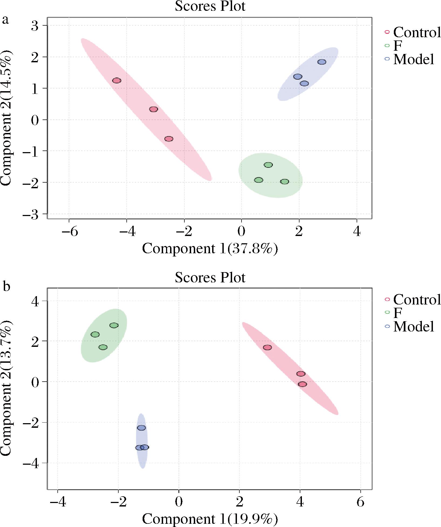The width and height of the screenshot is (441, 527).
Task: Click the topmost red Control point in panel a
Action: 117,80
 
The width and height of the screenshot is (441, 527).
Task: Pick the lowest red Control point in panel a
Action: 169,139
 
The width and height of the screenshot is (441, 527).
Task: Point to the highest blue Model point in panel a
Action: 322,62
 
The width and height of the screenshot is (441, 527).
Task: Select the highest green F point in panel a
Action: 268,165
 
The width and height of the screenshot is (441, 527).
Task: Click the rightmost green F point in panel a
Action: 285,182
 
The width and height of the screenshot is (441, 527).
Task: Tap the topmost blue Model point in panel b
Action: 141,428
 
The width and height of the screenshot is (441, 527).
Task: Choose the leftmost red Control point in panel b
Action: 267,347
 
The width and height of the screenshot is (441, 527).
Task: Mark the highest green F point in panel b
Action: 114,325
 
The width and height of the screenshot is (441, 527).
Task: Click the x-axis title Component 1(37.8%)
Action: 210,248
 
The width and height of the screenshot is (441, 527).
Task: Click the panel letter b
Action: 6,286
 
